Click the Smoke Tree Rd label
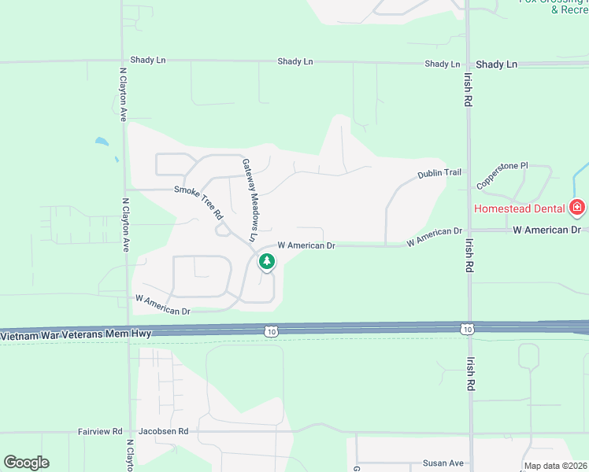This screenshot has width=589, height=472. coord(199,201)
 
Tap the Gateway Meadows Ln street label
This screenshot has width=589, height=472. coord(250,200)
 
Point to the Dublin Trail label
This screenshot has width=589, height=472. coord(439,174)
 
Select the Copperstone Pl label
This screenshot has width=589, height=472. coord(502,176)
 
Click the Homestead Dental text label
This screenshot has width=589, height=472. coord(520,208)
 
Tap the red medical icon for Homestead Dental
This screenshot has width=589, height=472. coord(577,208)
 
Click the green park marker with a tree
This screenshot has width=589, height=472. coord(267,262)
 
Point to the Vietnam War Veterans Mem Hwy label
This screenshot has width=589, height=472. coord(76,334)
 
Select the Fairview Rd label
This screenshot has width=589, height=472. coord(100,432)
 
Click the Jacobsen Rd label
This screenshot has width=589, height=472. coord(163,432)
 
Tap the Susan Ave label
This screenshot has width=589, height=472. coord(443,463)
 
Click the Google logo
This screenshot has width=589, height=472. coord(26,463)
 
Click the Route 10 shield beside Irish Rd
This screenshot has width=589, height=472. coord(468,328)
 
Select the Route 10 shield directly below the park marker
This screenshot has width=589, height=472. coord(271,332)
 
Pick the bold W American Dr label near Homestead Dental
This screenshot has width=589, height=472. coord(546,230)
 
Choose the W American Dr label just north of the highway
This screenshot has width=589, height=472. coord(164,304)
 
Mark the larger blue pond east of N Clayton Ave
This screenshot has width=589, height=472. coord(102,142)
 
